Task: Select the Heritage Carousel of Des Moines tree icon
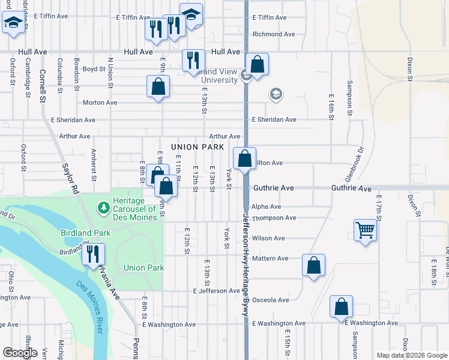coord(103,208)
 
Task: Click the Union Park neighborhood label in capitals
coord(197,147)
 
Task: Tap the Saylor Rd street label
coord(70,179)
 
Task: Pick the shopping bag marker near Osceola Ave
coord(341,307)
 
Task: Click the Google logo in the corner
coord(20,353)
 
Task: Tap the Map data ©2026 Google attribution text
coord(411,355)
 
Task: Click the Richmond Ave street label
coord(274,34)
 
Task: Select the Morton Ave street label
coord(100,103)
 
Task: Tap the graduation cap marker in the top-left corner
coord(12,24)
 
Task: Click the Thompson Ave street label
coord(274,218)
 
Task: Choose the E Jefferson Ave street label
coord(216,291)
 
